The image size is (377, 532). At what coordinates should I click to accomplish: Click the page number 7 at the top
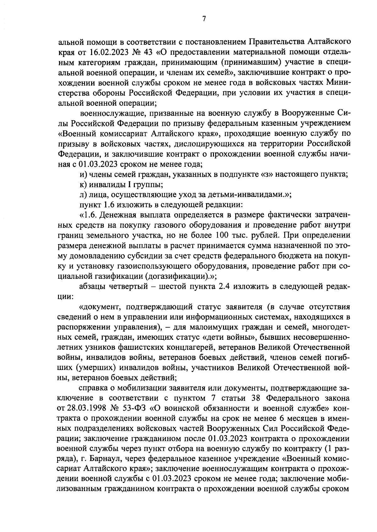coord(203,19)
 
